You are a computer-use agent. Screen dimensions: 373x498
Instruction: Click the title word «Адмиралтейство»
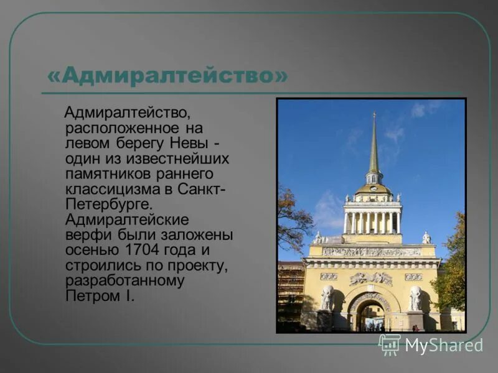click(x=168, y=76)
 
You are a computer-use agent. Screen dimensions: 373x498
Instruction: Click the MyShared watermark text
click(x=444, y=345)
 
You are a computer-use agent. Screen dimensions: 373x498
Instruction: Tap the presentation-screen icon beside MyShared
click(x=390, y=344)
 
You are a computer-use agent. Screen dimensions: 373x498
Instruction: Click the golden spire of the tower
click(x=374, y=146)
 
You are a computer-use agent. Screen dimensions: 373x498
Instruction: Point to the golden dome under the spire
click(x=374, y=188)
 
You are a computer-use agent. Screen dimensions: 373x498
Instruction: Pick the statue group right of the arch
click(x=415, y=298)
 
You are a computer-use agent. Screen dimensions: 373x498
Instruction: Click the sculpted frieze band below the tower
click(x=372, y=252)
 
